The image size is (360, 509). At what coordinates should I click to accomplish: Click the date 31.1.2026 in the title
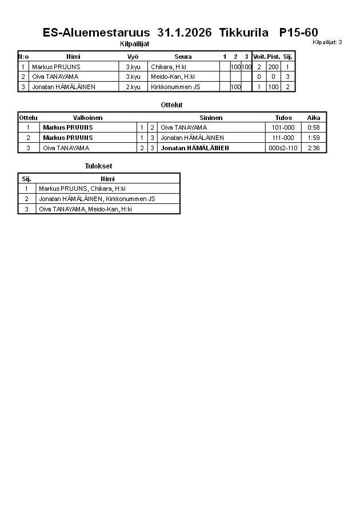184,33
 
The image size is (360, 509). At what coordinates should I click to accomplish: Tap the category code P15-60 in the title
298,33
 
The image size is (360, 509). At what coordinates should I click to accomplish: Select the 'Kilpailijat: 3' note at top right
327,42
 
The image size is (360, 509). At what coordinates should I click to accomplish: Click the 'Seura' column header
183,57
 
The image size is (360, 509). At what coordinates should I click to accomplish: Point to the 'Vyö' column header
133,57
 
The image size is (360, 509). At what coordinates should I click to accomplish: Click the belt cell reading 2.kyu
133,87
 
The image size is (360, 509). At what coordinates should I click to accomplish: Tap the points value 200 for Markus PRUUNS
273,67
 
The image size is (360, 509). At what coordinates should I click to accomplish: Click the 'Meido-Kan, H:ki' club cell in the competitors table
173,77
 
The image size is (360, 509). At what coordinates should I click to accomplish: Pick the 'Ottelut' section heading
172,105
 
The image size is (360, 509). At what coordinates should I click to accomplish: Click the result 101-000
283,127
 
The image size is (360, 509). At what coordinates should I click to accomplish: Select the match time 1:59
314,138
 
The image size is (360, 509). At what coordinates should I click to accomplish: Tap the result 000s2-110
283,148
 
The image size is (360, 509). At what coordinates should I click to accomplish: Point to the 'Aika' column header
314,118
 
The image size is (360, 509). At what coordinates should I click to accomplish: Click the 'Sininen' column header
211,118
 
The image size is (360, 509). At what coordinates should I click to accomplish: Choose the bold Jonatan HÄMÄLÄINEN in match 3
195,148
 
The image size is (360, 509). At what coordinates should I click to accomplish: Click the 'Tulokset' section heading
98,166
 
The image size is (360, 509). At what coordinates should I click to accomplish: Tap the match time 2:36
314,148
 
